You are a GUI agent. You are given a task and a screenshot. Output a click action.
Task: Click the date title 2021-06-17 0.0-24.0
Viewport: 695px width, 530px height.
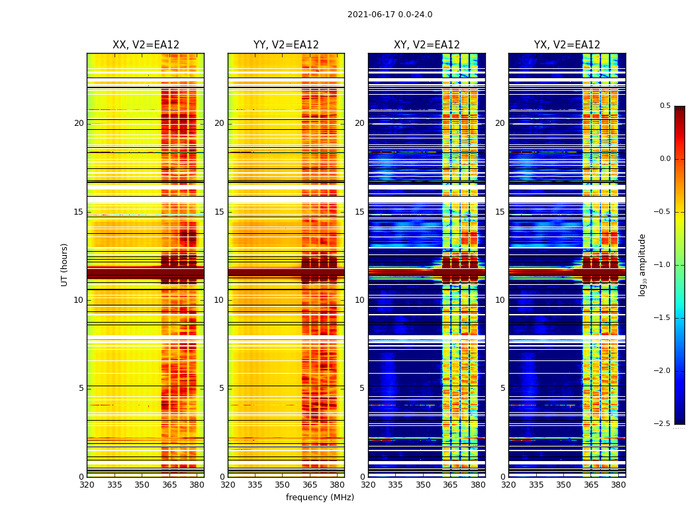(390, 15)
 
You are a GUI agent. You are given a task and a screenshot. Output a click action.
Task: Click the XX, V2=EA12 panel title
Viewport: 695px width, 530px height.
(146, 45)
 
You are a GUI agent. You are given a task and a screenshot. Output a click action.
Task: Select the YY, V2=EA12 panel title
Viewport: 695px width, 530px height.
(286, 45)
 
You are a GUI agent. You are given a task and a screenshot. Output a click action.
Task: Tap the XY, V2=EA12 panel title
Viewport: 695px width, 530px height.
(427, 45)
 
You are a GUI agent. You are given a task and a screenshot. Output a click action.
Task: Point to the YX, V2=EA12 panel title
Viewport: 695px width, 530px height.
(567, 45)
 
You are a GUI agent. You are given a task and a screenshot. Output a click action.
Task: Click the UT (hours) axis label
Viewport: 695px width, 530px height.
(65, 264)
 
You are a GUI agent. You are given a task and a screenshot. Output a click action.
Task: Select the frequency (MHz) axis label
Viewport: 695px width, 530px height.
(320, 498)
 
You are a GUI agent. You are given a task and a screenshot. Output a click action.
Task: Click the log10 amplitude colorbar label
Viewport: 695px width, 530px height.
(643, 264)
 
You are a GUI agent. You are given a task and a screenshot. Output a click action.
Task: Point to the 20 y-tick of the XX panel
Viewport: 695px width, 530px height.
(79, 123)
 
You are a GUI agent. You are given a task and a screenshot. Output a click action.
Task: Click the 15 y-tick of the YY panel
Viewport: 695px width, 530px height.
(219, 212)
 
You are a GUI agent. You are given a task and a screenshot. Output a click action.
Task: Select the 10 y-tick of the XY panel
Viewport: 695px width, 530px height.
(359, 300)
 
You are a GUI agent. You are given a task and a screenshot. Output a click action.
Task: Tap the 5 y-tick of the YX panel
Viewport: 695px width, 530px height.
(502, 388)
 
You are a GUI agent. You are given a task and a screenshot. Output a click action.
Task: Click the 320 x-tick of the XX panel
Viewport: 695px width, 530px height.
(87, 485)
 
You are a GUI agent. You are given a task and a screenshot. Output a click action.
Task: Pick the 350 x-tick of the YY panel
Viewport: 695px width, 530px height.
(283, 485)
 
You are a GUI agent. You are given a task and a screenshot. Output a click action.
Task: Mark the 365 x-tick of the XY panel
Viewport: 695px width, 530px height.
(450, 485)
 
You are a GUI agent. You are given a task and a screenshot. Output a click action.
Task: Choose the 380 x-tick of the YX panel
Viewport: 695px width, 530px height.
(618, 485)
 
